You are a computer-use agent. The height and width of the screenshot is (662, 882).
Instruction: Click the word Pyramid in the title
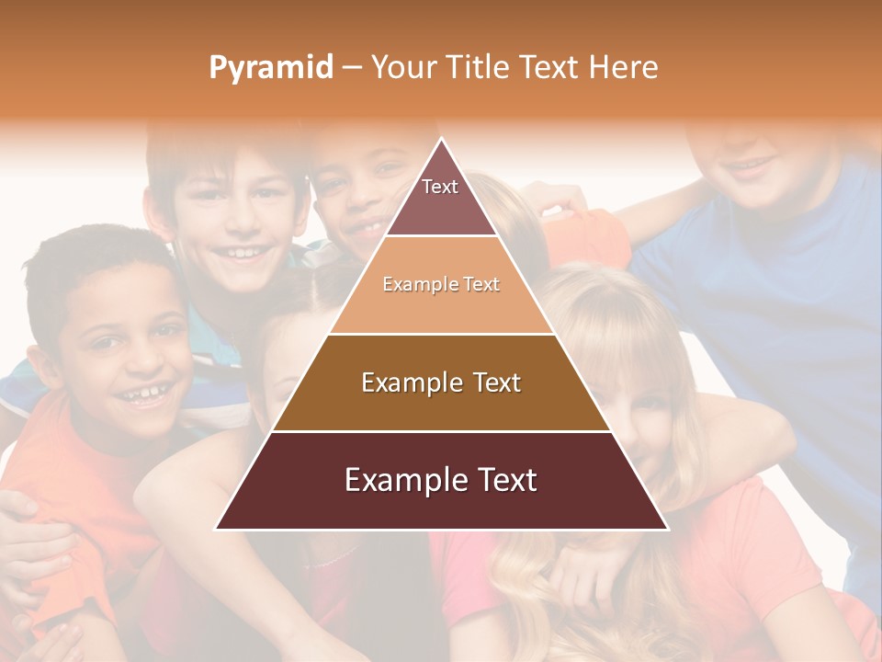point(271,68)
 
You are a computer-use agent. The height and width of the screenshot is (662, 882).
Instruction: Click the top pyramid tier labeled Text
point(441,198)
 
